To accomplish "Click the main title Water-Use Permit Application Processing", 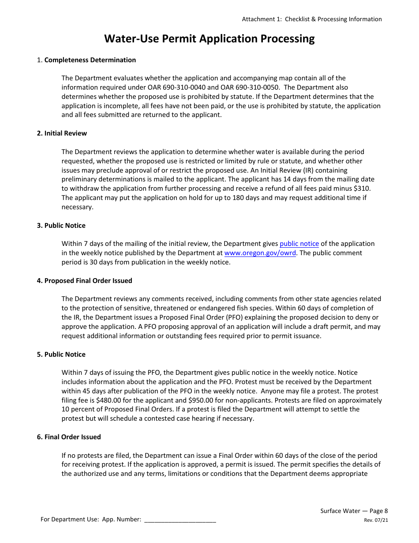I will point(209,39).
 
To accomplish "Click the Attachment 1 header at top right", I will point(311,19).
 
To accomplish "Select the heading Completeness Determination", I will point(90,60).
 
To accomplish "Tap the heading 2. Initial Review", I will point(62,133).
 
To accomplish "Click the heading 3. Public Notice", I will point(61,226).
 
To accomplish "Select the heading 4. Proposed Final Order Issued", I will point(84,281).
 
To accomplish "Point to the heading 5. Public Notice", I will point(61,354).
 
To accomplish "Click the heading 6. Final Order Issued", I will point(69,437).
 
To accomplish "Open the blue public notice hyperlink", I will point(299,244).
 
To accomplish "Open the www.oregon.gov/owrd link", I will point(260,253).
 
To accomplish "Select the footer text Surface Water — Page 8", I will point(354,511).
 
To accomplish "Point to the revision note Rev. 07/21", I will point(376,520).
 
